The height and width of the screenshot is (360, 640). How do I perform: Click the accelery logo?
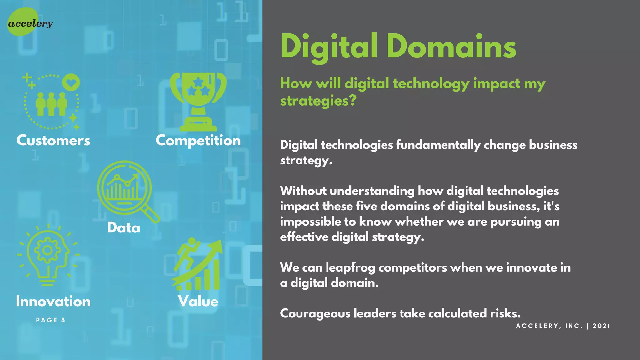[30, 23]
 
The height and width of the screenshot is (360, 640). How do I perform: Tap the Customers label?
[53, 140]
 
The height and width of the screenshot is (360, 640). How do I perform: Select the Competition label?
[198, 141]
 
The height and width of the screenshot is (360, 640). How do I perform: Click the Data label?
[124, 227]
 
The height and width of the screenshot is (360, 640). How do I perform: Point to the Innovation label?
[53, 302]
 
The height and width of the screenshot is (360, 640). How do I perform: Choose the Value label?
[198, 302]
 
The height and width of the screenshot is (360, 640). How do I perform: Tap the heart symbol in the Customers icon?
[71, 82]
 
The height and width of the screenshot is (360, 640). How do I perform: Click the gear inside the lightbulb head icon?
[47, 250]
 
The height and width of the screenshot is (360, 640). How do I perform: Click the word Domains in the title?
[451, 47]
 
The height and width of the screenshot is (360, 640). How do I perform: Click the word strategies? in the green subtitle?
[318, 101]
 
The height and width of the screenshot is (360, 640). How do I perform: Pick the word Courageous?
[315, 313]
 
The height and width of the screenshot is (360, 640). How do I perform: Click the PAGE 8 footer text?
[51, 320]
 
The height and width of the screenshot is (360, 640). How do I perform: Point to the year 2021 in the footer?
[601, 326]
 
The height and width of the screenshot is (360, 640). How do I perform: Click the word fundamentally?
[438, 145]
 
